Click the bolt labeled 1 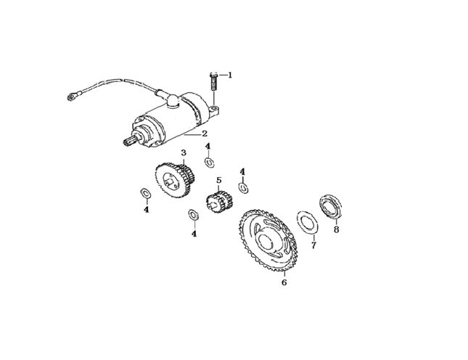click(213, 81)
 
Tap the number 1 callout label click(230, 75)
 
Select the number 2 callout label click(205, 134)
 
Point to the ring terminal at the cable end click(71, 97)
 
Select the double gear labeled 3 click(175, 181)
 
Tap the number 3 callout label click(184, 153)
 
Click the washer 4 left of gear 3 click(146, 193)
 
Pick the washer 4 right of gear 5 click(243, 189)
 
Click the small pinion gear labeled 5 click(219, 202)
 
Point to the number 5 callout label click(219, 181)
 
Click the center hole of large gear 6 click(266, 240)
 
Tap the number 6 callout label click(284, 282)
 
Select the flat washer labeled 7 click(308, 223)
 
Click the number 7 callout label click(313, 245)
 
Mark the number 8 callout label click(337, 229)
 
